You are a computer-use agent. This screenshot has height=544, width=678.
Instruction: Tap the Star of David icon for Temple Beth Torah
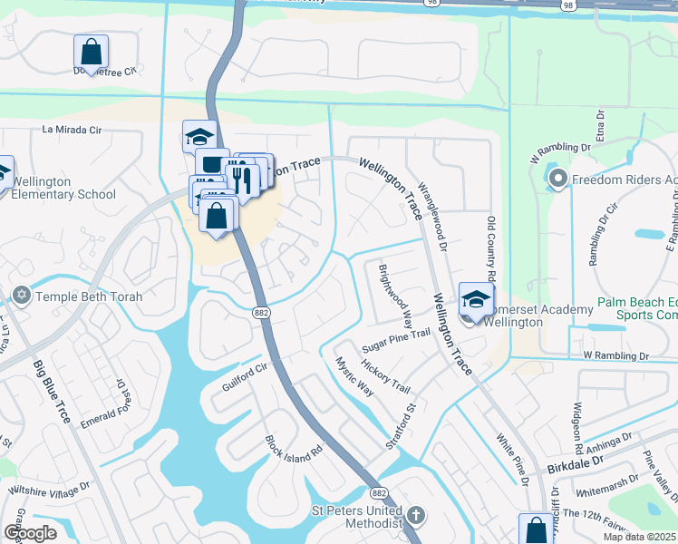click(x=22, y=296)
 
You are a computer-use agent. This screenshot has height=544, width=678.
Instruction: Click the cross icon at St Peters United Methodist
click(x=415, y=515)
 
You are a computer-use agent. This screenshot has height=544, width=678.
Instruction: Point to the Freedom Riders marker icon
click(x=557, y=180)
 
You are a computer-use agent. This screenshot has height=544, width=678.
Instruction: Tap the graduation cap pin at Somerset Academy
click(x=476, y=298)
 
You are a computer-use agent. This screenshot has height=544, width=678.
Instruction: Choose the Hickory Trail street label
click(x=385, y=375)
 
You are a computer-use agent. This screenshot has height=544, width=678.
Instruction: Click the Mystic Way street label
click(x=354, y=376)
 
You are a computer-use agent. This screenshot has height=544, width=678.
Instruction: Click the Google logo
click(x=30, y=532)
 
